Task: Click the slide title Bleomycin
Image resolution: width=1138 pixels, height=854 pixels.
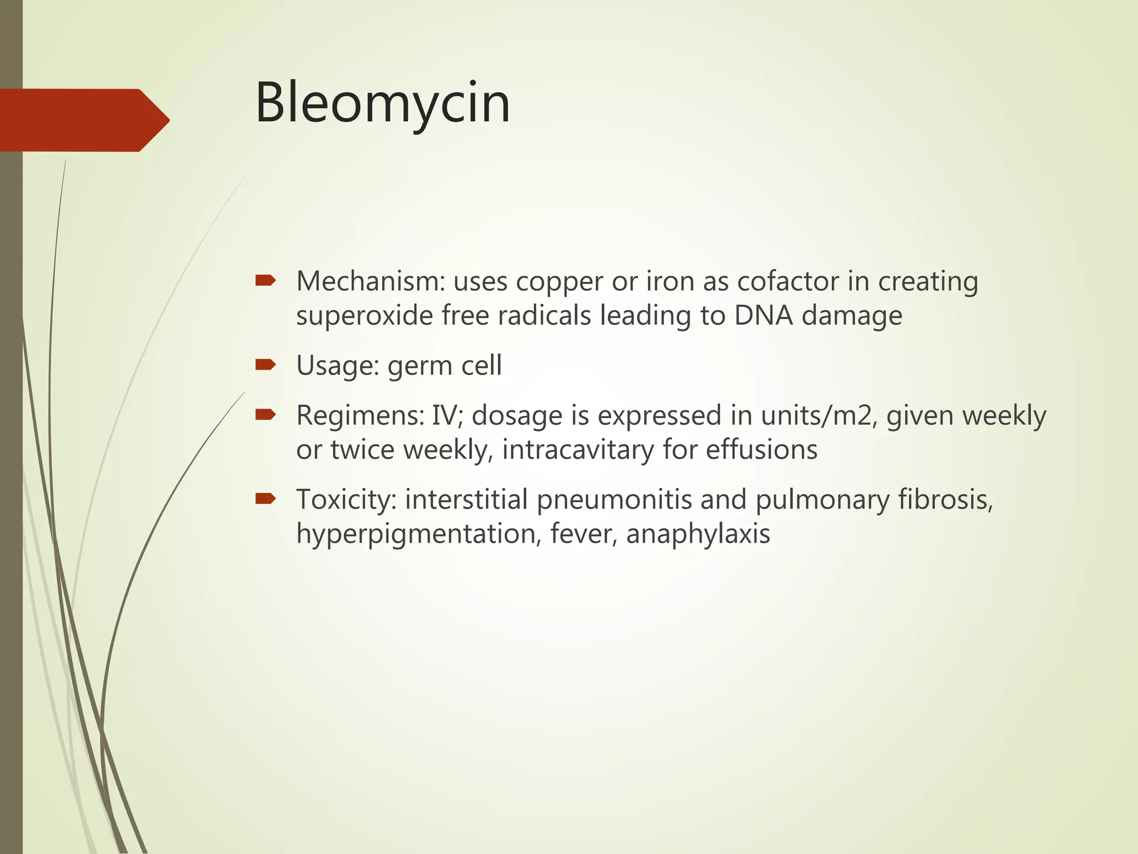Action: coord(382,103)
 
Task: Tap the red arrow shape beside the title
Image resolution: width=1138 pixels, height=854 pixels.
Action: coord(83,120)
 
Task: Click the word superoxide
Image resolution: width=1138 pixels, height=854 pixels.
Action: coord(365,316)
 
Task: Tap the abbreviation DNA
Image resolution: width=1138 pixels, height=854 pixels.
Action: coord(763,315)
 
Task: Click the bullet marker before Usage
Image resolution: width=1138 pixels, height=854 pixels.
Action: coord(265,365)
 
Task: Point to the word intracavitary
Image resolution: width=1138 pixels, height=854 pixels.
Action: coord(578,450)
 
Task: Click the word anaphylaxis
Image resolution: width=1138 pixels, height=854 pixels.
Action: coord(698,534)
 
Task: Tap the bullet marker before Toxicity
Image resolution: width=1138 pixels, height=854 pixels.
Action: coord(265,499)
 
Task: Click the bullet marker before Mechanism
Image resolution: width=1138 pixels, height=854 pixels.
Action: coord(265,281)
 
